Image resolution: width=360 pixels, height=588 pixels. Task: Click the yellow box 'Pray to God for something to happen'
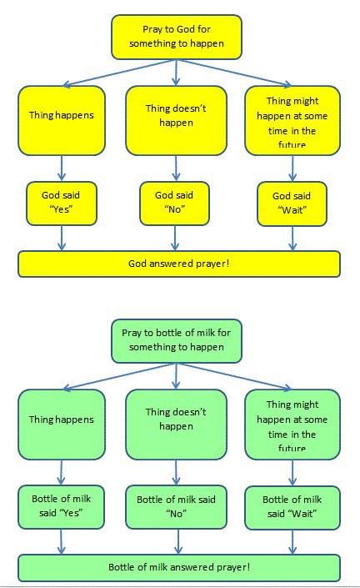click(x=177, y=37)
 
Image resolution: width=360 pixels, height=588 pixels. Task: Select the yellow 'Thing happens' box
click(x=62, y=120)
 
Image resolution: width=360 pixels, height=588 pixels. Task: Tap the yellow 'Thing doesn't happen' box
click(x=176, y=120)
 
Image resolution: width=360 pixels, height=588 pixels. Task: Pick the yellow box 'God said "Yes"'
click(x=62, y=204)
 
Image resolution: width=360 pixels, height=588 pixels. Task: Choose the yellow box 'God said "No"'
click(x=174, y=204)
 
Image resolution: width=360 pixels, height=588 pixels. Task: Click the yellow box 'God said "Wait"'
click(x=292, y=204)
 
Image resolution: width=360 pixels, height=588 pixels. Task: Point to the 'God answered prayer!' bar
click(x=179, y=264)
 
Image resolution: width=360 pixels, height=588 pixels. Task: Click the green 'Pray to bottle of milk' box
click(x=177, y=341)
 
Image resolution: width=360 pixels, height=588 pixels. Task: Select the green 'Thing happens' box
click(x=62, y=425)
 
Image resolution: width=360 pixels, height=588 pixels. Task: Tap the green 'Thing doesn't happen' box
click(x=176, y=425)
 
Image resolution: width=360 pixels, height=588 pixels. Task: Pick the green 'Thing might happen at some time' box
click(x=292, y=425)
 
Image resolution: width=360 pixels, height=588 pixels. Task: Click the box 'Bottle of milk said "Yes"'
click(x=61, y=507)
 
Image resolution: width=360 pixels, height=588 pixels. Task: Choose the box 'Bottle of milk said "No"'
click(x=176, y=507)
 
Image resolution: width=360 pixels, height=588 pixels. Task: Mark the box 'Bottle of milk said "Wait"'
click(x=292, y=508)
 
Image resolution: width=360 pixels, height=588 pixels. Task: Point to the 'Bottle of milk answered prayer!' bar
click(x=179, y=568)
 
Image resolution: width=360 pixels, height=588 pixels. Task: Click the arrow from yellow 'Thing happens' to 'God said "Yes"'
click(x=62, y=168)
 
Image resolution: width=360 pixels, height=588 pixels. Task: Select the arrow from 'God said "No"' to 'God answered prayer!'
click(x=175, y=238)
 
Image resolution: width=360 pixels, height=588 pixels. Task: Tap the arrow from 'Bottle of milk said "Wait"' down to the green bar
click(x=292, y=542)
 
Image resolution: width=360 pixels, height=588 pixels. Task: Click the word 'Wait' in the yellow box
click(x=292, y=210)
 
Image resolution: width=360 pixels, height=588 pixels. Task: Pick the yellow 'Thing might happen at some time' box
click(x=292, y=120)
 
